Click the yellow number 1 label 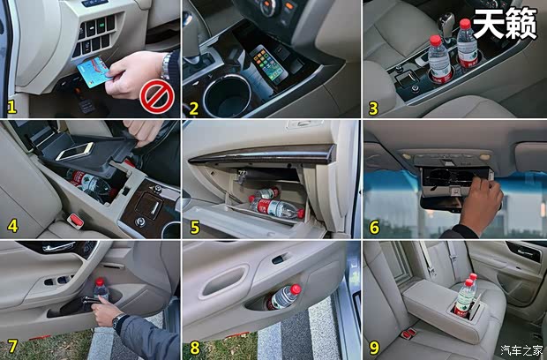(x=11, y=108)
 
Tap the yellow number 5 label (x=195, y=228)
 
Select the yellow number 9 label (x=373, y=348)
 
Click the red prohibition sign (x=157, y=97)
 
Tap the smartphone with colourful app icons (x=268, y=64)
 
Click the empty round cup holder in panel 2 (x=227, y=95)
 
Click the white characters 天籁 (x=505, y=23)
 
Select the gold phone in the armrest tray (x=74, y=152)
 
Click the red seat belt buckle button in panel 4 (x=76, y=220)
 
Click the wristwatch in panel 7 (x=118, y=320)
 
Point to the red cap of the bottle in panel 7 (x=100, y=281)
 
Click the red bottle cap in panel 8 (x=296, y=289)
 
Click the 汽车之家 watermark (x=521, y=350)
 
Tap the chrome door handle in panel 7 (x=58, y=247)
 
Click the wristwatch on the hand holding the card (x=166, y=66)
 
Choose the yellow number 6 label (x=374, y=228)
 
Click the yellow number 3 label (x=373, y=109)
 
